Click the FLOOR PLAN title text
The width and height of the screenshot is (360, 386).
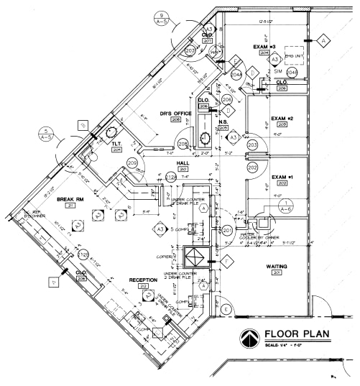pos(295,334)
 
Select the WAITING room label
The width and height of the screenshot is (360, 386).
pos(277,267)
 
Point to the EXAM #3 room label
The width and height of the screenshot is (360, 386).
pos(264,47)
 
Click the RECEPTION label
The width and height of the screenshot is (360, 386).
pos(143,280)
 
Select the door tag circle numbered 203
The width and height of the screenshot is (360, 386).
pos(252,145)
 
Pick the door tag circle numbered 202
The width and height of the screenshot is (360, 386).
pos(252,167)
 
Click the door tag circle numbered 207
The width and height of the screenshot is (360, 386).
pos(190,51)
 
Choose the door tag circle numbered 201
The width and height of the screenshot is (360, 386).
pos(227,231)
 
